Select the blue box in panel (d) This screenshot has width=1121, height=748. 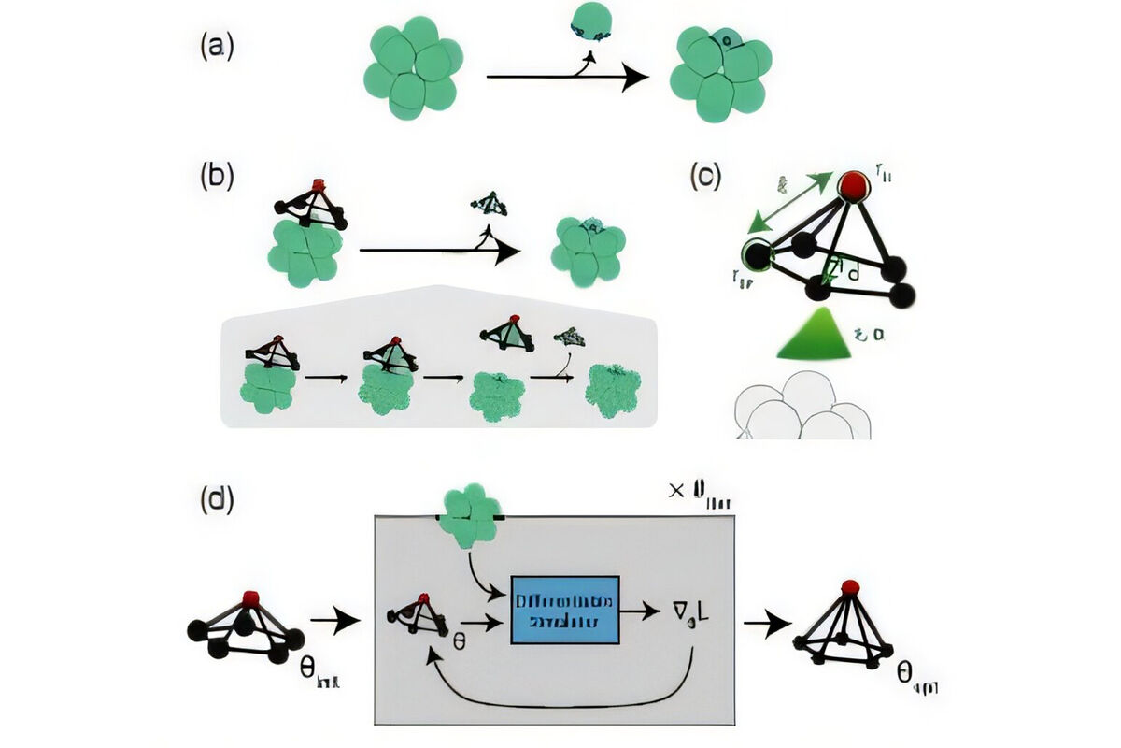(565, 610)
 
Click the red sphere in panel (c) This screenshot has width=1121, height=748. (851, 185)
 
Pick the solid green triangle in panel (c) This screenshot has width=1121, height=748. (816, 336)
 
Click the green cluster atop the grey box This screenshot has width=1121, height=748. (471, 514)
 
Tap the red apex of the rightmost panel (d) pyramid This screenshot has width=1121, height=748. (849, 587)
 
